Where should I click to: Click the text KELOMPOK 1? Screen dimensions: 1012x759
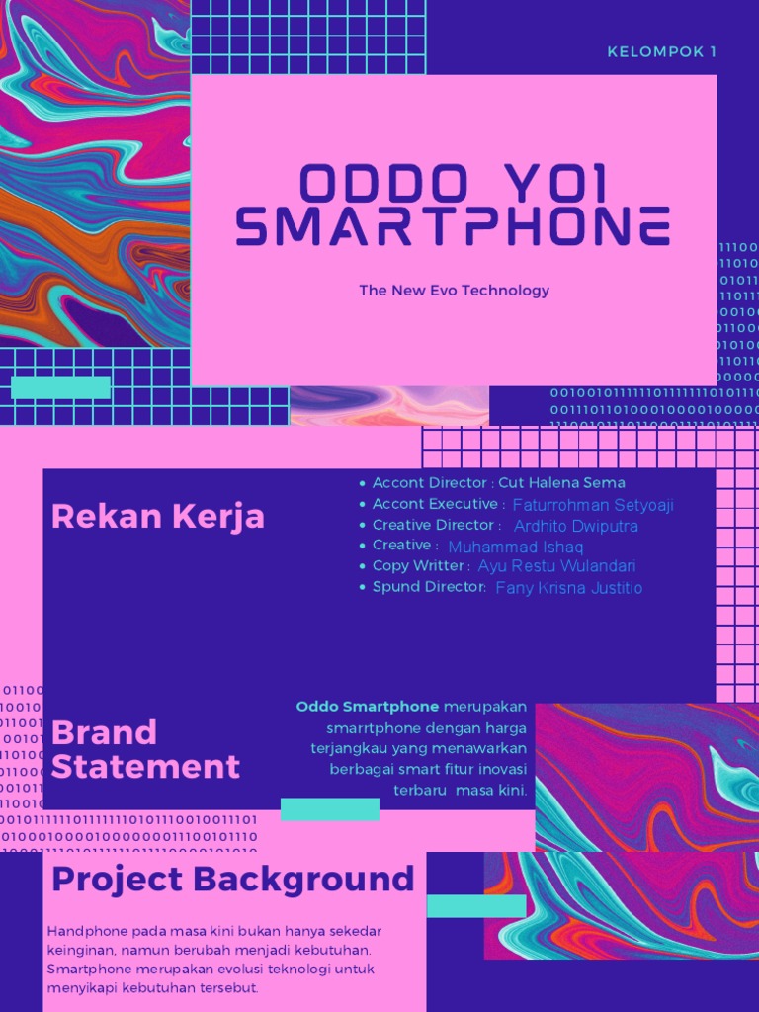pos(662,51)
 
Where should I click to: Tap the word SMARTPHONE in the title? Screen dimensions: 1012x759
pos(454,228)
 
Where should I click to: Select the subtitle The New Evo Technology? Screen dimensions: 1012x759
pos(454,291)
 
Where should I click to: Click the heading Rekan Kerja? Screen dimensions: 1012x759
pos(158,516)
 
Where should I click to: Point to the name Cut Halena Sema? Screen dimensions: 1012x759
pos(561,483)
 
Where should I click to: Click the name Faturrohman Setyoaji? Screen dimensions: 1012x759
pos(593,505)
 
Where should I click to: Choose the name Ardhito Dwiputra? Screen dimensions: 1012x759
pos(576,526)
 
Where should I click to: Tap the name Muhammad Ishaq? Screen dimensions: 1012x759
pos(516,547)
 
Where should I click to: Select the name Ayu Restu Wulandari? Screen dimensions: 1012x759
pos(556,566)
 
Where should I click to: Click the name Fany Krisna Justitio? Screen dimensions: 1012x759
pos(568,588)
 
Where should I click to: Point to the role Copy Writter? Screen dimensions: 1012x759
pos(418,566)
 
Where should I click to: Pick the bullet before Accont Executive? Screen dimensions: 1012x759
pos(363,505)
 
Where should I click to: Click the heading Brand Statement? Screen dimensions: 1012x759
pos(145,749)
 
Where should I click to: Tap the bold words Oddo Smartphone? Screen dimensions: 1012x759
pos(368,707)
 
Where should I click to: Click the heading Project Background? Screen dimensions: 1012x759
pos(233,879)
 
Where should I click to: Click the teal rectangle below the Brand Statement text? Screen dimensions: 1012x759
pos(330,809)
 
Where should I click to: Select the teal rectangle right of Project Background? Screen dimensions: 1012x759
pos(476,905)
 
